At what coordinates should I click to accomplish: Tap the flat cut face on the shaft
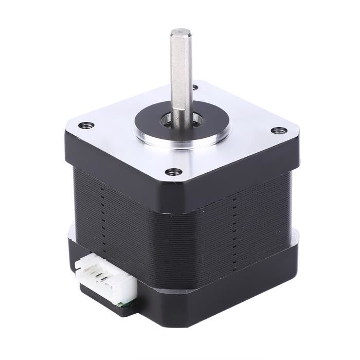point(178,77)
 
